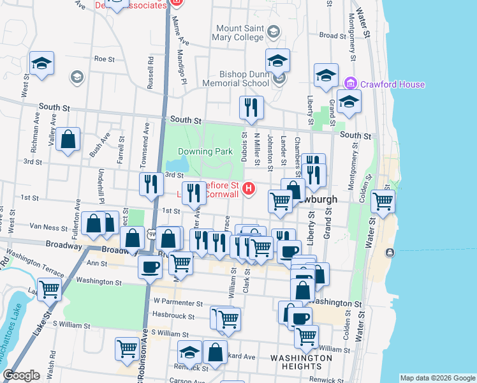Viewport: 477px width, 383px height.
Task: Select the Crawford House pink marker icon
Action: coord(349,84)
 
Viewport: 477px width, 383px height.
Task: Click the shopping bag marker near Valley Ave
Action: coord(68,140)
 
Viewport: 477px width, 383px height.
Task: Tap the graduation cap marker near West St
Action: coord(41,63)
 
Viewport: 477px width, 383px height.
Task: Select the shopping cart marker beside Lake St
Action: coord(49,289)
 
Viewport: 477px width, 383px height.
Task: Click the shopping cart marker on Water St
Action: coord(383,202)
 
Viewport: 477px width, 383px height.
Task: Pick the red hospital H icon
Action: coord(249,189)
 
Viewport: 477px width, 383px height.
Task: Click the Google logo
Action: coord(22,375)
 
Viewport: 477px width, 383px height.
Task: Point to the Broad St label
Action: coord(332,36)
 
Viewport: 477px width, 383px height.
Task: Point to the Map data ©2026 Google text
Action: coord(437,378)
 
